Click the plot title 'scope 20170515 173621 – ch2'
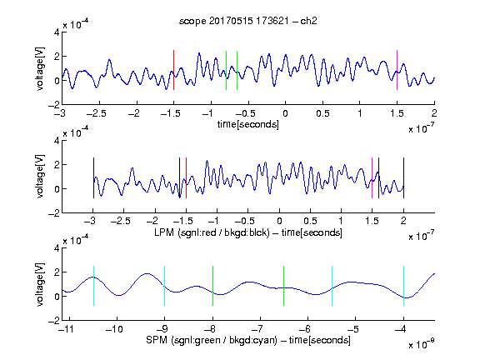(x=248, y=21)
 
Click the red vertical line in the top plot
(x=173, y=70)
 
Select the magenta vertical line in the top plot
(x=397, y=70)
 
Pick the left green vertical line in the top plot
(x=226, y=70)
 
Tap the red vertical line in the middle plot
(x=186, y=177)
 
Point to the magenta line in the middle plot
(x=372, y=177)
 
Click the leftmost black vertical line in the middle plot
(x=93, y=177)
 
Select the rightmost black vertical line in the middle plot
(x=403, y=177)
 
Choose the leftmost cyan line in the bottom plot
(x=93, y=286)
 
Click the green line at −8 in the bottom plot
(x=212, y=286)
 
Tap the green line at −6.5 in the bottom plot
(x=284, y=286)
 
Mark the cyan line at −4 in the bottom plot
(x=403, y=286)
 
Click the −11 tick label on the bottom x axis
(x=67, y=329)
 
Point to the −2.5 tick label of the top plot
(x=97, y=113)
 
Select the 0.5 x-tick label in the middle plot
(x=310, y=221)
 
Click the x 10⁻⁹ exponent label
(x=421, y=344)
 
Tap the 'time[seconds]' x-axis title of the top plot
(x=248, y=124)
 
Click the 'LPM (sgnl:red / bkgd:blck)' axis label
(x=212, y=232)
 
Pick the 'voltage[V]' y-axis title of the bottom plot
(x=40, y=285)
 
